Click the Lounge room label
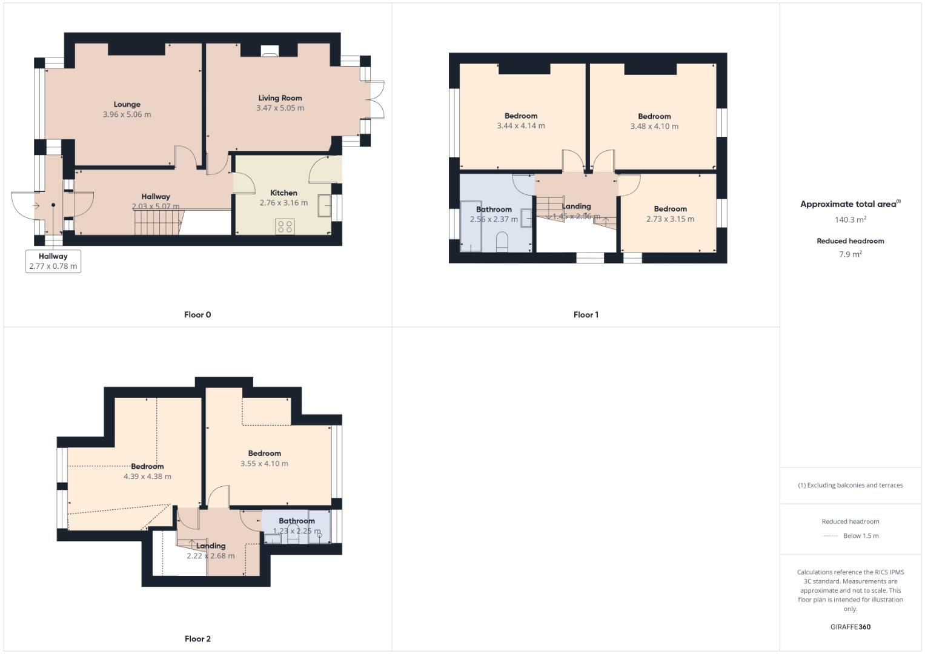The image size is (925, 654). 127,104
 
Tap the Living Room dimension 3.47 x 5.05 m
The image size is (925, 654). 280,108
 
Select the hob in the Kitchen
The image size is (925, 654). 285,226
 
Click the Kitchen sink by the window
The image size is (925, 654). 324,206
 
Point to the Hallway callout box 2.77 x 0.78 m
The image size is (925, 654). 53,261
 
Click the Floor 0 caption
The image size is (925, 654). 197,315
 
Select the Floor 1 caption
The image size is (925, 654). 586,315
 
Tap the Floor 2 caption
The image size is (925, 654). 197,639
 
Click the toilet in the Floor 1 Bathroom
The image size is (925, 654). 502,242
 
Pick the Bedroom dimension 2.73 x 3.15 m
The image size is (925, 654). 670,219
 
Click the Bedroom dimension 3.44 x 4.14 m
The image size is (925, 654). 520,126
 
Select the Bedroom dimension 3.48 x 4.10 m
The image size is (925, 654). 654,127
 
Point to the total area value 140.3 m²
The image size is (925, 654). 850,220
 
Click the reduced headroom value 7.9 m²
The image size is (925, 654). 850,254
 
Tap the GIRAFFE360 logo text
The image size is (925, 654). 850,627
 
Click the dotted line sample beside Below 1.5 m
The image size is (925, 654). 830,536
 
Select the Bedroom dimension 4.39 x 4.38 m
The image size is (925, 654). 147,477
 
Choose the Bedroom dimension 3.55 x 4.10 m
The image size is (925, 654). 264,464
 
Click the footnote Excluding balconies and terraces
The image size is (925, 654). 850,485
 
